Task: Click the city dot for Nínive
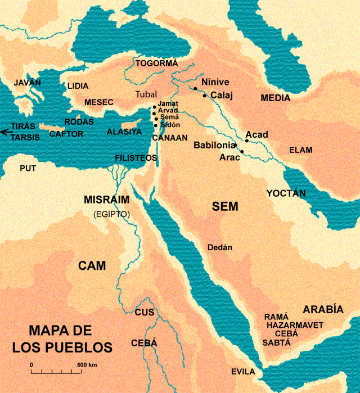coord(195,88)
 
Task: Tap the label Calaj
coord(221,96)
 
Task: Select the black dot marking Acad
coord(246,141)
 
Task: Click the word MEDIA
coord(276,98)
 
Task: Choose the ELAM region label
coord(300,150)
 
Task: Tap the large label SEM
coord(225,206)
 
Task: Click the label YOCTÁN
coord(286,193)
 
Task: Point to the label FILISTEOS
coord(136,158)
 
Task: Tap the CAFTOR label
coord(66,134)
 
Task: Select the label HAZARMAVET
coord(295,325)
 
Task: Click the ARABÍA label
coord(323,309)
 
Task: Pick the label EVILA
coord(243,372)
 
